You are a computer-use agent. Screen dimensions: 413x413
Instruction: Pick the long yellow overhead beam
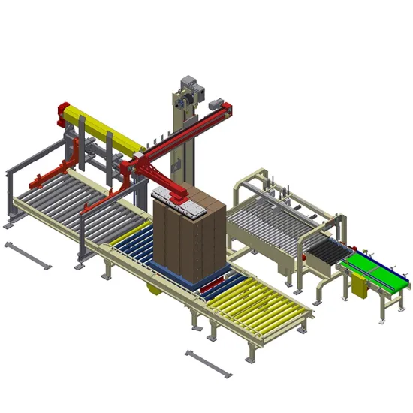pyautogui.click(x=105, y=128)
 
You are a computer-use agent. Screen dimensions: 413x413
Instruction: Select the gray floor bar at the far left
pyautogui.click(x=28, y=254)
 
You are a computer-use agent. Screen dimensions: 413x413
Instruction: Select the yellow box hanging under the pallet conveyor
pyautogui.click(x=154, y=287)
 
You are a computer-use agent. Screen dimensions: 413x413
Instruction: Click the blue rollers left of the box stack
pyautogui.click(x=131, y=240)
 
